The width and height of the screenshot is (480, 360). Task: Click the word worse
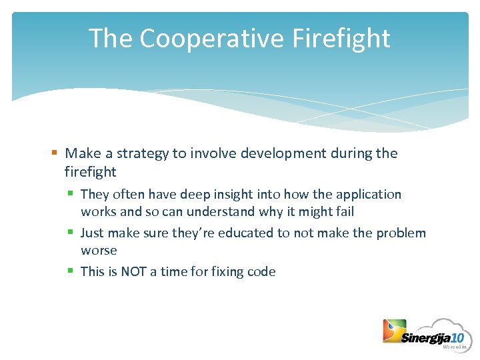[99, 251]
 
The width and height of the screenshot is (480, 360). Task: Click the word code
[262, 271]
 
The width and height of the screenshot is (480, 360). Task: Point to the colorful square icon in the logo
[393, 331]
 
